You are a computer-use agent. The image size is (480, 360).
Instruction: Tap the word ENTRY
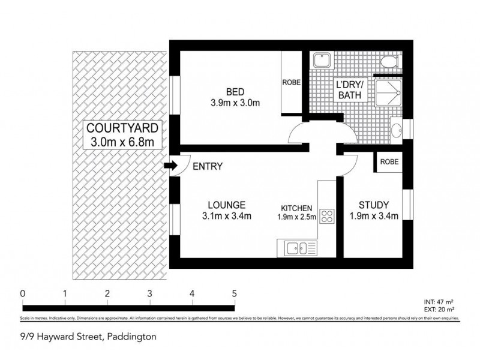click(208, 166)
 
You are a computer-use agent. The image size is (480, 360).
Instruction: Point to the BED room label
click(235, 92)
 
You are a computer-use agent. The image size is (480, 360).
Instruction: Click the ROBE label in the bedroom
click(292, 83)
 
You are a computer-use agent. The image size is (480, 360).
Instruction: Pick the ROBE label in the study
click(388, 162)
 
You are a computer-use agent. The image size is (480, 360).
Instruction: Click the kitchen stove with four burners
click(327, 216)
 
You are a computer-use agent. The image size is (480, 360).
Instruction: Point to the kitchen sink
click(298, 247)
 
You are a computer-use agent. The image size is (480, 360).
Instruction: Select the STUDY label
click(375, 204)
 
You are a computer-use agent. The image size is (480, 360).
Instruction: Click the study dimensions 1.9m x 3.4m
click(375, 217)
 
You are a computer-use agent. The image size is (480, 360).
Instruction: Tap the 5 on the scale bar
click(234, 293)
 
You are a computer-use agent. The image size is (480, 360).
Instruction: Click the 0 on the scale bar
click(22, 293)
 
